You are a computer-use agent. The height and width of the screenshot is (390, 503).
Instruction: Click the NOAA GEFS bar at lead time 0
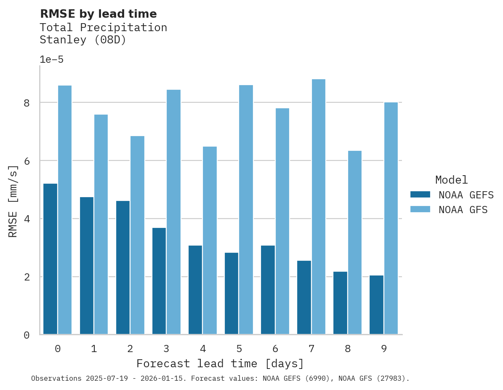[x=50, y=259]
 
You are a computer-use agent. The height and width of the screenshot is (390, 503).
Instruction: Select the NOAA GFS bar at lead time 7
[x=319, y=207]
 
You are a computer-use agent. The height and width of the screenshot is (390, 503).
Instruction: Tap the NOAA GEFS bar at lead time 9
[x=376, y=305]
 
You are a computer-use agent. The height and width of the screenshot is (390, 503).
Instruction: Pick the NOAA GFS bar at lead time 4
[x=210, y=240]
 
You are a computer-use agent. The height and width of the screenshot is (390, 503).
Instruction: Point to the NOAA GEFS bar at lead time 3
[x=159, y=281]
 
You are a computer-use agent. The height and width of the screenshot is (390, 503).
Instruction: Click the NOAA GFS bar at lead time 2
[x=137, y=235]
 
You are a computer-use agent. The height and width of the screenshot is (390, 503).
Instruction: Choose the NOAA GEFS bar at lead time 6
[x=268, y=290]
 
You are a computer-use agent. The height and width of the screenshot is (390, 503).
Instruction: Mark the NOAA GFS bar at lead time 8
[x=355, y=243]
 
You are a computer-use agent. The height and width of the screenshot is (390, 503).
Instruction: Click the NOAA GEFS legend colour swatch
[x=420, y=195]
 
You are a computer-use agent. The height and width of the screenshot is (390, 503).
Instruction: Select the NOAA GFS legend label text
[x=463, y=210]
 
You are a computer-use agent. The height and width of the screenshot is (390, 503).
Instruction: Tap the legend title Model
[x=451, y=180]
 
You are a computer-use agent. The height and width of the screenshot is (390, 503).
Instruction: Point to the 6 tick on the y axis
[x=27, y=161]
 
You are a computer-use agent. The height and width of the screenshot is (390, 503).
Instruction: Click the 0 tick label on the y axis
[x=27, y=335]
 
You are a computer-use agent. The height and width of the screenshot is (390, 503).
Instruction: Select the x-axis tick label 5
[x=239, y=349]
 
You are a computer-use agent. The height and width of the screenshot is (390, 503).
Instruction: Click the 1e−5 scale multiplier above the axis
[x=51, y=60]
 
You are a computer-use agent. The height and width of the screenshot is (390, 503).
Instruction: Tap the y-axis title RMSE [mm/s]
[x=13, y=201]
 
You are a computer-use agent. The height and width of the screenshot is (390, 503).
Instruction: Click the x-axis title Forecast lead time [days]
[x=220, y=363]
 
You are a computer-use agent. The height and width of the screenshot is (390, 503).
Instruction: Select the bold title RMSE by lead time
[x=98, y=14]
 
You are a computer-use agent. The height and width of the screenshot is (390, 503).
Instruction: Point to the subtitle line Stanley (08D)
[x=83, y=40]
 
